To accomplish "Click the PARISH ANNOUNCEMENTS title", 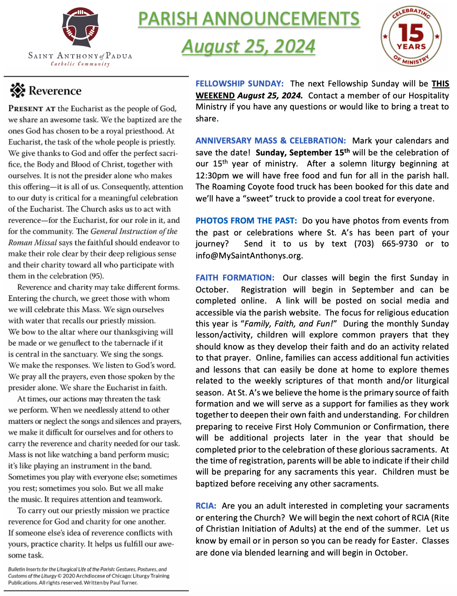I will pyautogui.click(x=249, y=19).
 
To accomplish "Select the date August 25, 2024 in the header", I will pyautogui.click(x=248, y=46).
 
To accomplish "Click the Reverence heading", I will pyautogui.click(x=55, y=91).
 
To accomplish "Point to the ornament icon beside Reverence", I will pyautogui.click(x=17, y=91).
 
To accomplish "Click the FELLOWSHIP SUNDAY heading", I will pyautogui.click(x=240, y=84).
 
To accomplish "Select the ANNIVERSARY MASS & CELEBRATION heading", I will pyautogui.click(x=270, y=141).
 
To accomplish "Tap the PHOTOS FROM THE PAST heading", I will pyautogui.click(x=246, y=221).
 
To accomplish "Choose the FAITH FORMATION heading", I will pyautogui.click(x=235, y=278).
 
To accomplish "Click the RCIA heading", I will pyautogui.click(x=206, y=506).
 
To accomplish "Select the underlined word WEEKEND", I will pyautogui.click(x=215, y=96).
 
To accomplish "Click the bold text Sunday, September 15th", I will pyautogui.click(x=303, y=153).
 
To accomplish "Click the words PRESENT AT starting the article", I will pyautogui.click(x=32, y=109).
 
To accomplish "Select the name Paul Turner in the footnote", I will pyautogui.click(x=125, y=583).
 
